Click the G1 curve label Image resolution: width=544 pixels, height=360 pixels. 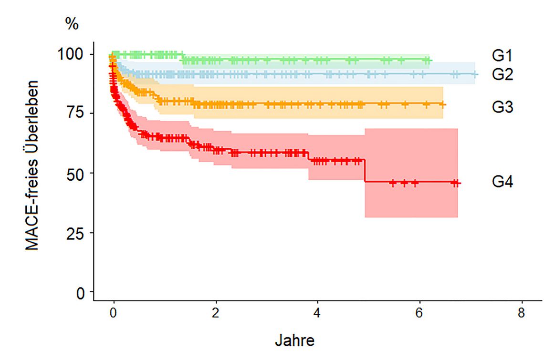tap(502, 56)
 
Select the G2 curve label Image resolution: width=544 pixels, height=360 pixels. tap(502, 74)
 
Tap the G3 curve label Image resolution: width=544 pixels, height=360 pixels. tap(502, 107)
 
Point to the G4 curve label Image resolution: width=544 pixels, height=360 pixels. tap(502, 182)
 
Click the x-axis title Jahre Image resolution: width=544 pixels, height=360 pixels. tap(294, 341)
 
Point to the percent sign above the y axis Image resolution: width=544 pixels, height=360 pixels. tap(72, 24)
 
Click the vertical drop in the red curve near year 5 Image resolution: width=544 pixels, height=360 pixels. tap(365, 171)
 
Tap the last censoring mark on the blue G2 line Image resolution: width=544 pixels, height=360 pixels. tap(474, 74)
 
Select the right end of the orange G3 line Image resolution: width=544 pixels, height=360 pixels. tap(444, 104)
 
